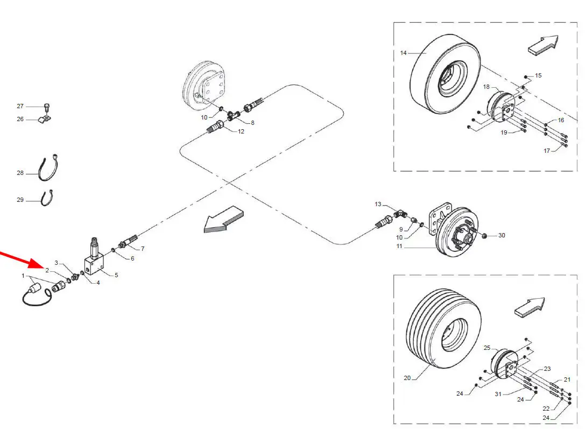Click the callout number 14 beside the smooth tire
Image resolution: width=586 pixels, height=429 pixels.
point(403,53)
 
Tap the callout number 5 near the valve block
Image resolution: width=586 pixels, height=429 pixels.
point(116,275)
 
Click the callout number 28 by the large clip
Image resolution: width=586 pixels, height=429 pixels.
point(20,173)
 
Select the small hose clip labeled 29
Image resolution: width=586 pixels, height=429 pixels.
point(47,198)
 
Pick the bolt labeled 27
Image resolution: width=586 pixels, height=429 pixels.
point(47,107)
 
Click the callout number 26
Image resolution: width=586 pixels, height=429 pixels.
point(20,119)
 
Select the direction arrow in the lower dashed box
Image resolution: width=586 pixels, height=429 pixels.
point(529,307)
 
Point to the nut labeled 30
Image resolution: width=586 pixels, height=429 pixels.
point(484,236)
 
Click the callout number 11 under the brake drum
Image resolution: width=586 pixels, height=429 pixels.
point(399,247)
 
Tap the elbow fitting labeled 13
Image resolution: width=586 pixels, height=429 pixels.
point(397,215)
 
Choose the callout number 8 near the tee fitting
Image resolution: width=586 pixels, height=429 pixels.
point(252,123)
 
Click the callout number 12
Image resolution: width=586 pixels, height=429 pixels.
point(241,131)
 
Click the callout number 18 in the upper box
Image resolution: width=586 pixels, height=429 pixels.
point(486,87)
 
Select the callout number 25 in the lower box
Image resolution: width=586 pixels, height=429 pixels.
point(487,348)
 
